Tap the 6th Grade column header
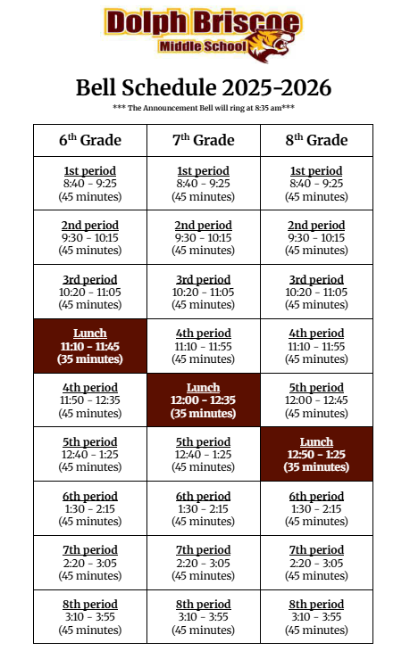point(89,140)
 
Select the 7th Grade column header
point(203,140)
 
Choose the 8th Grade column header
point(316,140)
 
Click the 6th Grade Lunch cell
point(89,346)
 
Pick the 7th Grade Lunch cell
point(203,400)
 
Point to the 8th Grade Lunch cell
point(316,455)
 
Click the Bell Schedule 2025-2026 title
point(204,87)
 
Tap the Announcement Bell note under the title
point(204,108)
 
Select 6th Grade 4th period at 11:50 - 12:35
point(89,400)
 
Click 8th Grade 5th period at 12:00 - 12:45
point(316,400)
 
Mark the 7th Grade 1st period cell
point(203,184)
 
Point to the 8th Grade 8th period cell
point(316,617)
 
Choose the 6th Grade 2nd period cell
point(89,238)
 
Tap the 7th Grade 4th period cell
point(203,346)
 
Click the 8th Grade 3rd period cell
point(316,292)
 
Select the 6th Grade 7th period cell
point(89,563)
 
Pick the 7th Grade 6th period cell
point(203,508)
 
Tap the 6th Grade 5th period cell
point(89,455)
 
